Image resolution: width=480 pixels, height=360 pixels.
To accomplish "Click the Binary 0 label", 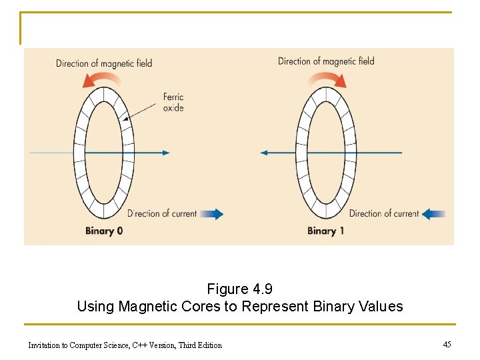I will tap(104, 231).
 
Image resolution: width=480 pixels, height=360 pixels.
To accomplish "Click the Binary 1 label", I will tap(326, 231).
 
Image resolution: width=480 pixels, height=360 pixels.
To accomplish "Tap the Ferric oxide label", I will tap(173, 103).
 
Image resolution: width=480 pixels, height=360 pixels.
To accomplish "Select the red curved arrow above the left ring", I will tap(102, 80).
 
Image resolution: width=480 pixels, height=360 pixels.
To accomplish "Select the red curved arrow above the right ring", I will tap(327, 80).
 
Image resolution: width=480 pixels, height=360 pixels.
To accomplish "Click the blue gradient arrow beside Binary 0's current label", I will tap(212, 214).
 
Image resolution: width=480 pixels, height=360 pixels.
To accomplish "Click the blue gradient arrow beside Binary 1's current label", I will tap(434, 214).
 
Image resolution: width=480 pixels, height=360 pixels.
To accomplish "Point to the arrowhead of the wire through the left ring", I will tap(166, 153).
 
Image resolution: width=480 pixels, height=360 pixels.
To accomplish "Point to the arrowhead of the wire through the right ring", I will tap(264, 153).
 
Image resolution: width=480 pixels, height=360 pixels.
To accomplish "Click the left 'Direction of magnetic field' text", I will tap(104, 63).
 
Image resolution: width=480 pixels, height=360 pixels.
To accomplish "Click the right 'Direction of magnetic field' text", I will tap(326, 61).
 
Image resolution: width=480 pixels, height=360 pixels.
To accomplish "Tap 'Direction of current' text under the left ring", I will tap(162, 214).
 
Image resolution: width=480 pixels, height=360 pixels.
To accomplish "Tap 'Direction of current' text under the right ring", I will tap(384, 214).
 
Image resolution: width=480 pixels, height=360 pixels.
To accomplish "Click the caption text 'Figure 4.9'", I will tap(240, 289).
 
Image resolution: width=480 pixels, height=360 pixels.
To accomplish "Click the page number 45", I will tap(447, 344).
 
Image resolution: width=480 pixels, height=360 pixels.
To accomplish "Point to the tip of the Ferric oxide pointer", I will tap(123, 120).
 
